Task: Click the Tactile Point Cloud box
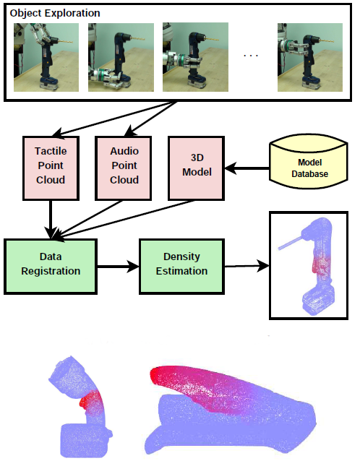tap(51, 168)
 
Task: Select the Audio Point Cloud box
tap(124, 168)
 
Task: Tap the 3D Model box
tap(197, 168)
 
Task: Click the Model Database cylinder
tap(309, 161)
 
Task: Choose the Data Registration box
tap(51, 267)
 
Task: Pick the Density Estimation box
tap(181, 267)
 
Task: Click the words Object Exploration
tap(55, 13)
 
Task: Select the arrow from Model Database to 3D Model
tap(247, 168)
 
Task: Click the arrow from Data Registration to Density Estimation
tap(118, 267)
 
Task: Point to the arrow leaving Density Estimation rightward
tap(247, 266)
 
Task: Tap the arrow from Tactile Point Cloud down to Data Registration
tap(51, 220)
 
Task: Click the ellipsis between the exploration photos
tap(251, 55)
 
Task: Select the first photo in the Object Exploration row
tap(46, 57)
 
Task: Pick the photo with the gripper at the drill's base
tap(121, 57)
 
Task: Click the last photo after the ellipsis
tap(310, 57)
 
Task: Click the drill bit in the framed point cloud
tap(290, 244)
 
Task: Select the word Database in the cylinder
tap(309, 174)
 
